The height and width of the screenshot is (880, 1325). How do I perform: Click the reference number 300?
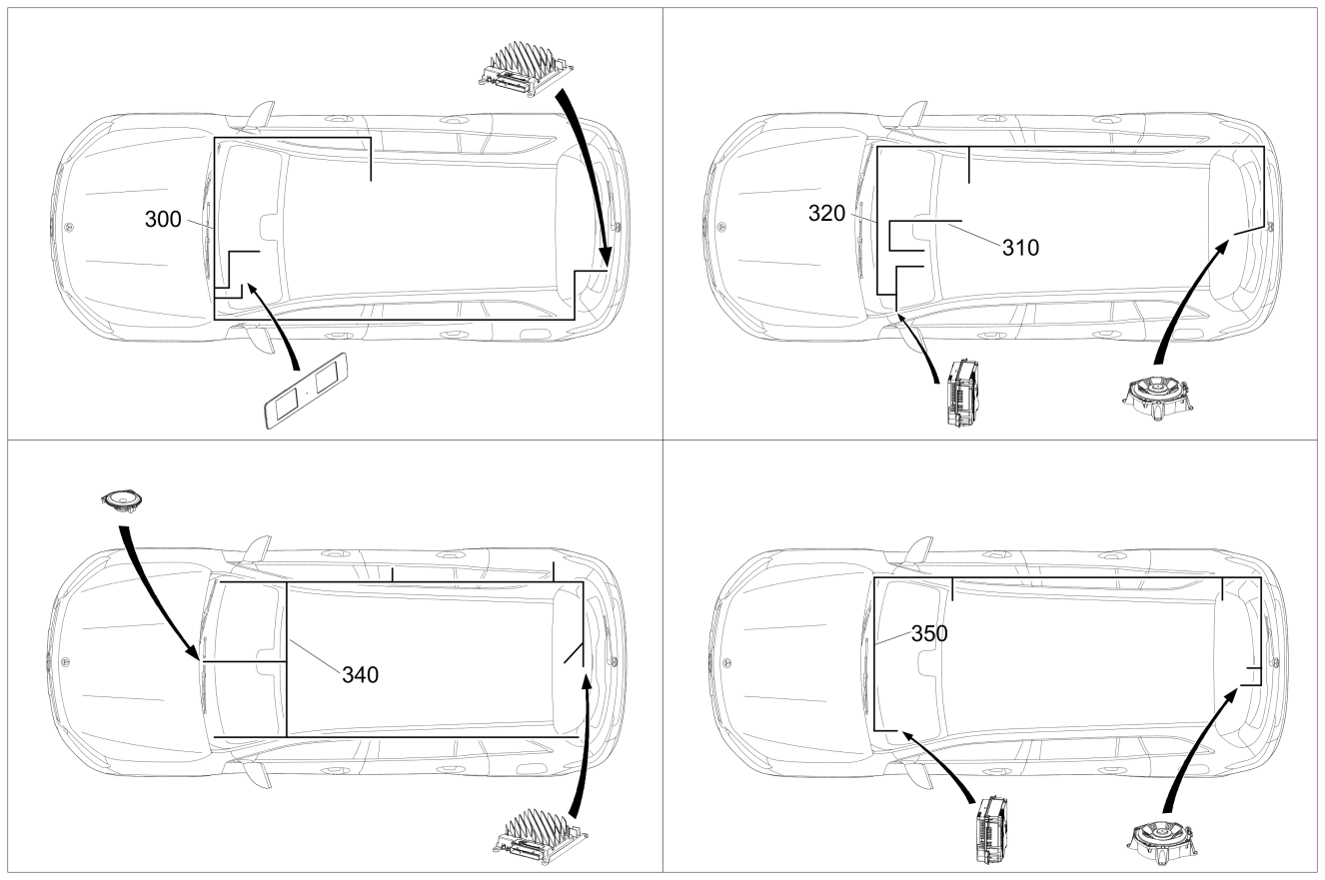point(163,220)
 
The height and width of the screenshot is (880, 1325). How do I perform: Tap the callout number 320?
point(826,214)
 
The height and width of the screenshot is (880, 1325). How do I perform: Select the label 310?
point(1020,248)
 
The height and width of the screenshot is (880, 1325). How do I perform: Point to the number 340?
point(361,675)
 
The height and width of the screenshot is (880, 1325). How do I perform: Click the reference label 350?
point(929,634)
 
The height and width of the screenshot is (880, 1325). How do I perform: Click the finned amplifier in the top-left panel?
point(526,69)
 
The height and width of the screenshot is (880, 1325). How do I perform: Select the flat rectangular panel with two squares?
point(305,391)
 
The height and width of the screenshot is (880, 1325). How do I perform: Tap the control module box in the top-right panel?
point(962,394)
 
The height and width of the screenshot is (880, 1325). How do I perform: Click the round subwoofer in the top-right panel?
point(1157,400)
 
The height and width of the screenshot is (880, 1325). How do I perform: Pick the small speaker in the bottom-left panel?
point(123,502)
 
